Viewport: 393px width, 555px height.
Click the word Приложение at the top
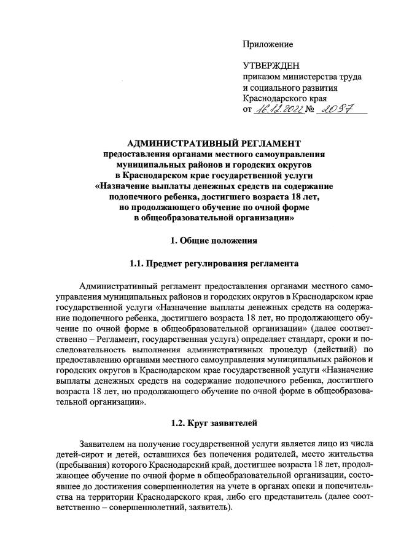268,44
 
